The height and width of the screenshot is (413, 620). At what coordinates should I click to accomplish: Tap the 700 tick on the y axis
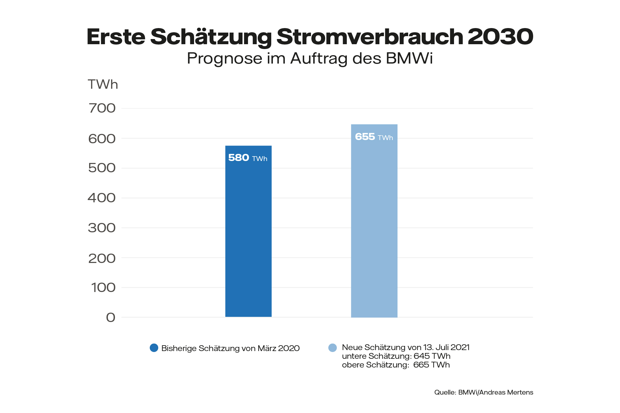pyautogui.click(x=102, y=108)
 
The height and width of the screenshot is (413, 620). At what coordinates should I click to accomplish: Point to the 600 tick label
pyautogui.click(x=102, y=139)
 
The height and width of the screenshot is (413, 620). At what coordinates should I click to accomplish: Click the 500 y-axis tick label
pyautogui.click(x=102, y=168)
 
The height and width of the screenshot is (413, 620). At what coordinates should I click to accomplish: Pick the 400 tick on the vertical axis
pyautogui.click(x=102, y=198)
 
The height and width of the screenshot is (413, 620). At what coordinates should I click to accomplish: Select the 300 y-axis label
pyautogui.click(x=102, y=228)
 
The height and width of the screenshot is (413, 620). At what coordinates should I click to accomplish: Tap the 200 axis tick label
pyautogui.click(x=102, y=258)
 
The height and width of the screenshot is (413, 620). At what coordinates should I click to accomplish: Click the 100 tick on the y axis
pyautogui.click(x=103, y=287)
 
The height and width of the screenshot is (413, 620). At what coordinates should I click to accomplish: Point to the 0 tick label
pyautogui.click(x=111, y=317)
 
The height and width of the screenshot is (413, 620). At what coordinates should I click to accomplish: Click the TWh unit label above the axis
pyautogui.click(x=103, y=85)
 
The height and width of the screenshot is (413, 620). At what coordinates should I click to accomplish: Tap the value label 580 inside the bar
pyautogui.click(x=239, y=158)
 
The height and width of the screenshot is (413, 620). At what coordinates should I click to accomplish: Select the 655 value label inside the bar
pyautogui.click(x=365, y=137)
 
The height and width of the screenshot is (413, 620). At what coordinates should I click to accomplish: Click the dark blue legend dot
pyautogui.click(x=154, y=348)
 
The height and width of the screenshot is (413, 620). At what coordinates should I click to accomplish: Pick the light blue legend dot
pyautogui.click(x=332, y=348)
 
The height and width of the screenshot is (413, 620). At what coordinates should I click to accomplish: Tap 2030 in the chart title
pyautogui.click(x=500, y=37)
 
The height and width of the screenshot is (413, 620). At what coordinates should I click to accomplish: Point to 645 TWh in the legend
pyautogui.click(x=432, y=356)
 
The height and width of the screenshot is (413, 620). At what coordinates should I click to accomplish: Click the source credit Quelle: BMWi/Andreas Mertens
pyautogui.click(x=483, y=392)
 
